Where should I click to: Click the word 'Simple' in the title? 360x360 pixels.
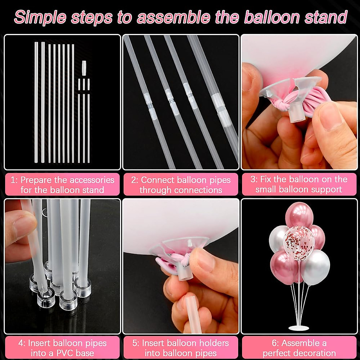[x=40, y=17]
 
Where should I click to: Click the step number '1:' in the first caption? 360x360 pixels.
[x=14, y=180]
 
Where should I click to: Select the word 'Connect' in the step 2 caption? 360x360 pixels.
[x=157, y=180]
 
